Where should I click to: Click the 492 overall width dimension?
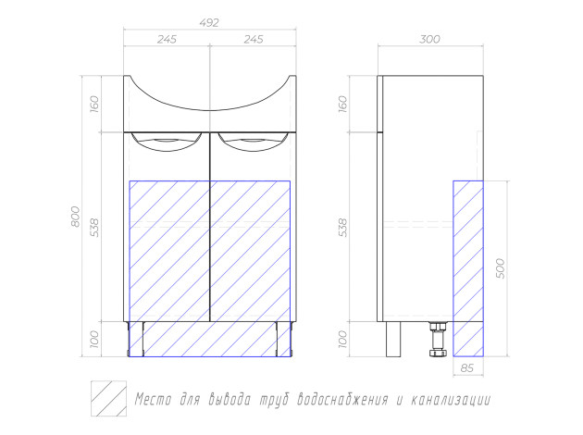point(209,23)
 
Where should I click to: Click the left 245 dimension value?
point(167,39)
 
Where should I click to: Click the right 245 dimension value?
point(254,39)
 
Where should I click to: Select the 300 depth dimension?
point(429,39)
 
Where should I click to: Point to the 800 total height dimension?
point(75,217)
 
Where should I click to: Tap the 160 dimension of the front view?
point(94,104)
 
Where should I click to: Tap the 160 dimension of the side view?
point(342,104)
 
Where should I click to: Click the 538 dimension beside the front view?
point(94,228)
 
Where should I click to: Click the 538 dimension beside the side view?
point(342,228)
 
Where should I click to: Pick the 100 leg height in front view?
point(94,339)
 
